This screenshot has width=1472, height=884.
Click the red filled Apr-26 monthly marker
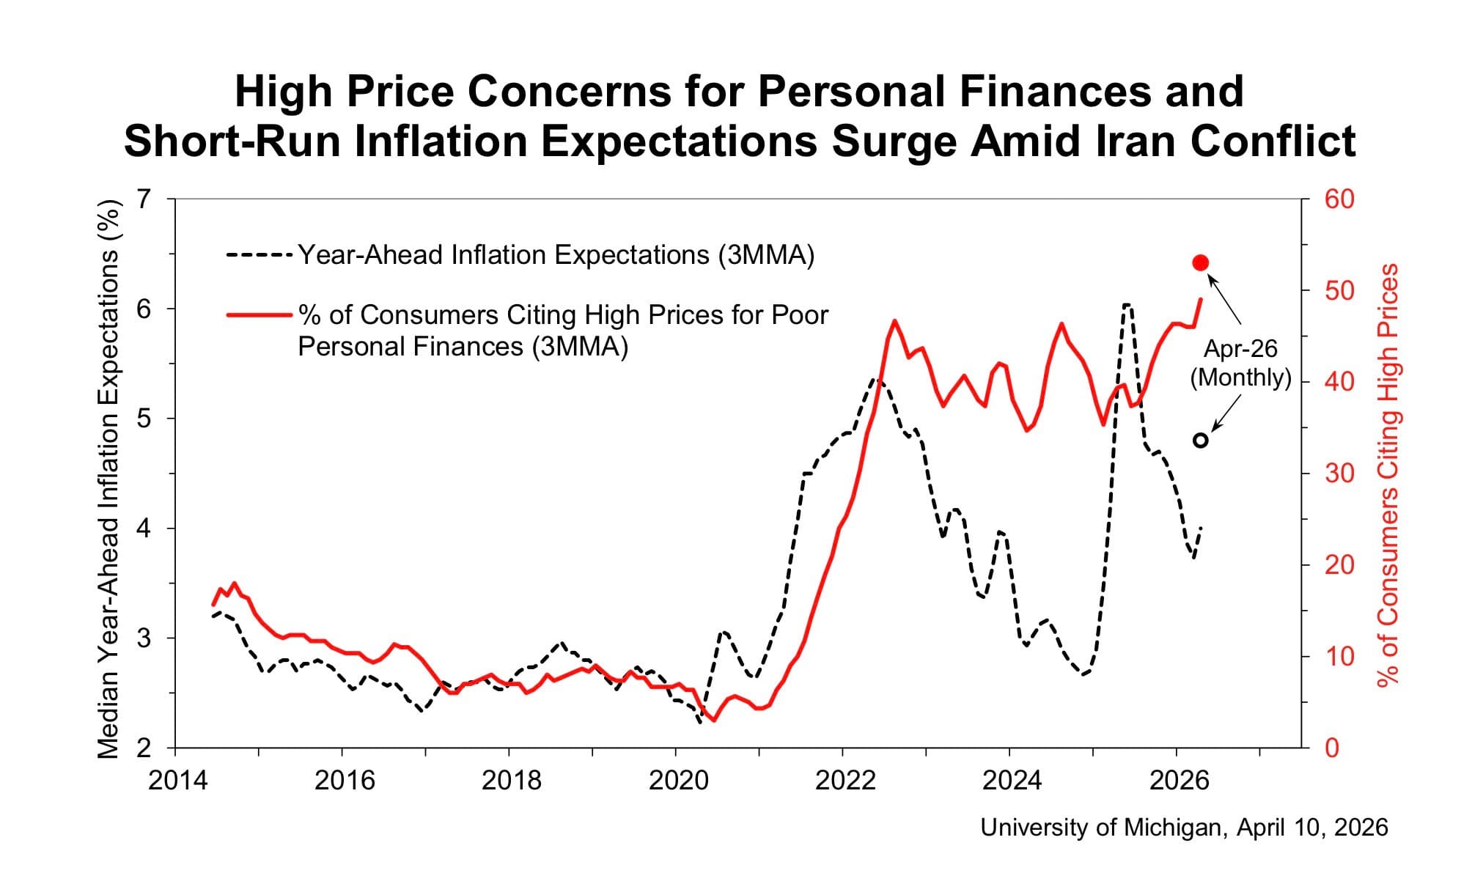pos(1201,263)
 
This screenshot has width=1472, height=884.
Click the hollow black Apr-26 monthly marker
pos(1201,441)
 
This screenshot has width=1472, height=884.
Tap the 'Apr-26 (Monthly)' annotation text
pos(1240,363)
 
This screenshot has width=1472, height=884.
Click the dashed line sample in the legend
pos(260,255)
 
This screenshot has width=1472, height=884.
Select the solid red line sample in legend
pos(260,315)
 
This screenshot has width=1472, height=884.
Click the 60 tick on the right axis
pos(1339,199)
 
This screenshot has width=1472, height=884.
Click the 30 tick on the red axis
pos(1339,474)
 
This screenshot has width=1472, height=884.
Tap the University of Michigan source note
pos(1184,828)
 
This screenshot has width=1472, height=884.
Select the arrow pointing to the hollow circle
pos(1226,413)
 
